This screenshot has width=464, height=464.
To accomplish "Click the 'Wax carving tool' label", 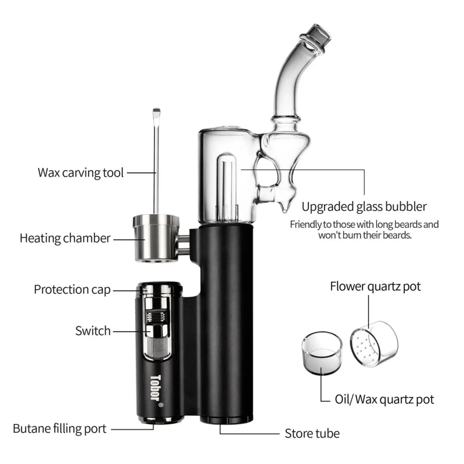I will [x=81, y=173].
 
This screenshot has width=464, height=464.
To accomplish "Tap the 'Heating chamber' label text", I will [x=65, y=238].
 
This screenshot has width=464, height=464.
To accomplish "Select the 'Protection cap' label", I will [x=72, y=290].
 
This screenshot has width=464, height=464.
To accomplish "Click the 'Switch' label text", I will [x=93, y=331].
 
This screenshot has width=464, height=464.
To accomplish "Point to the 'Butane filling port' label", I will [x=60, y=429].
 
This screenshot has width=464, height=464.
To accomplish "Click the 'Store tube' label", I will [x=312, y=434].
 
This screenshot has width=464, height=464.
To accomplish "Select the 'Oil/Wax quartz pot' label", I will [x=384, y=400].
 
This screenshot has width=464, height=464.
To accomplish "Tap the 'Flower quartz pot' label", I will [x=375, y=286].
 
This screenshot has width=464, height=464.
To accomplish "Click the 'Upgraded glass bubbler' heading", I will [x=364, y=207].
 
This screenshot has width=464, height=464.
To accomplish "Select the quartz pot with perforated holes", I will [x=374, y=345].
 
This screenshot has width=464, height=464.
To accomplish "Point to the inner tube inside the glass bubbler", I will [x=227, y=186].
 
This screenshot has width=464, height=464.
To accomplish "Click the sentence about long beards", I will [x=364, y=230].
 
